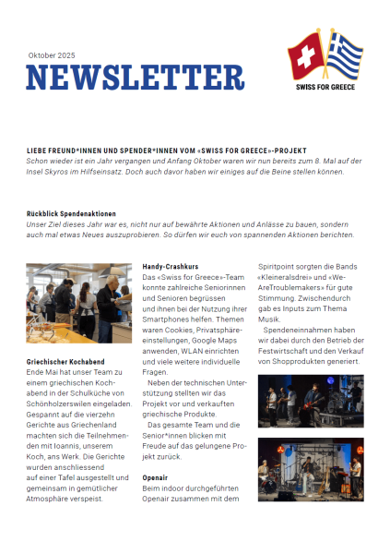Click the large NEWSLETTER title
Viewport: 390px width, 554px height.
135,78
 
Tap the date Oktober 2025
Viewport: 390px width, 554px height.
53,55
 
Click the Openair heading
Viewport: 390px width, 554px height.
155,477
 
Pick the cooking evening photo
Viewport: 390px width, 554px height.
79,306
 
